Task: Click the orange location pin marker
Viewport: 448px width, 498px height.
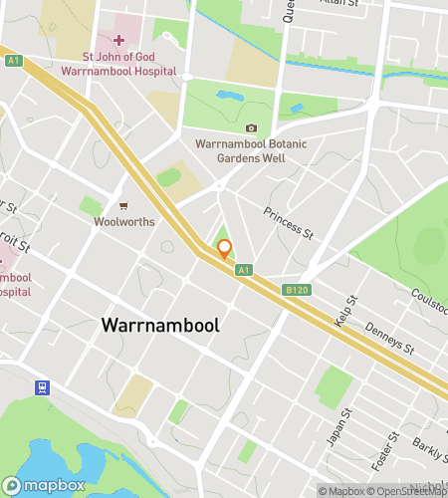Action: coord(224,249)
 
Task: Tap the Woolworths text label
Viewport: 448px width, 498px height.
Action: coord(123,222)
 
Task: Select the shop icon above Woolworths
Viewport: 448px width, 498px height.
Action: coord(123,206)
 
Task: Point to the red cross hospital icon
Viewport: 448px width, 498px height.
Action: coord(118,40)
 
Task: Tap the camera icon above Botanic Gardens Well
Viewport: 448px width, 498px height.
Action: coord(251,128)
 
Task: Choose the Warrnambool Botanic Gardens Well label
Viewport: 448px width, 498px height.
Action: coord(251,150)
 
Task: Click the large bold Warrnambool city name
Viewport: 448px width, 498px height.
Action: coord(159,326)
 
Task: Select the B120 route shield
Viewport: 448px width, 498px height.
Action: coord(293,290)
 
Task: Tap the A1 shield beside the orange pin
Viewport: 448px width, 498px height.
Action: coord(243,270)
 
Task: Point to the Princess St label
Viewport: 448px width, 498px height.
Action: coord(289,224)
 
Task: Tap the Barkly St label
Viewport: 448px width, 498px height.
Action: coord(433,449)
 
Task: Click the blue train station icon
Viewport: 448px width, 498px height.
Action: coord(43,386)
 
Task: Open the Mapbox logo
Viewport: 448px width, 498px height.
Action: coord(48,484)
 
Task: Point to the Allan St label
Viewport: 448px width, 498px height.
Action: coord(339,4)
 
